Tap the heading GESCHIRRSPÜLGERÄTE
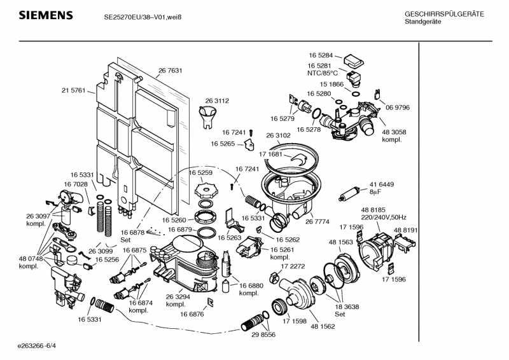click(443, 14)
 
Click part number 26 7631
click(170, 70)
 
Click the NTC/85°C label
click(321, 73)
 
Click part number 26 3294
click(178, 296)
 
